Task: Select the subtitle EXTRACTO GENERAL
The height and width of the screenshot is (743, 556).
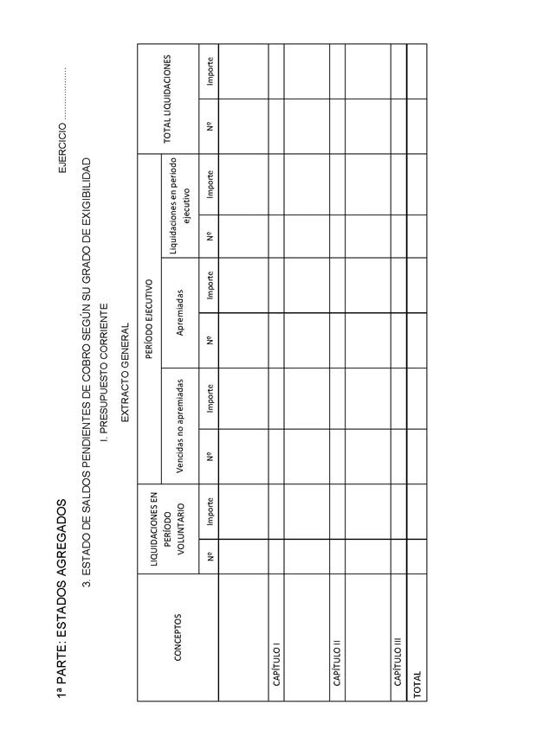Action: (125, 373)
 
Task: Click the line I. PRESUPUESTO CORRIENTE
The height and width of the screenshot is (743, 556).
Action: (104, 373)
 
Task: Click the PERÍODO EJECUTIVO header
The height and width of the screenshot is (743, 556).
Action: (148, 318)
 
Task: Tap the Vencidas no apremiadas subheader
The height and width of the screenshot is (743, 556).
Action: (179, 426)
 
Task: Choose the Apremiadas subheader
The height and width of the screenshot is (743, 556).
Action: (179, 312)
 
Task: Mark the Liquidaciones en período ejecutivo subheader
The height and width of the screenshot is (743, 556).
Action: (179, 206)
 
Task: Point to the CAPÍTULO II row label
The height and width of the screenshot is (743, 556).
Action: (337, 667)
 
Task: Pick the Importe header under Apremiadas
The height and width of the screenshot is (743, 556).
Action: (209, 285)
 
